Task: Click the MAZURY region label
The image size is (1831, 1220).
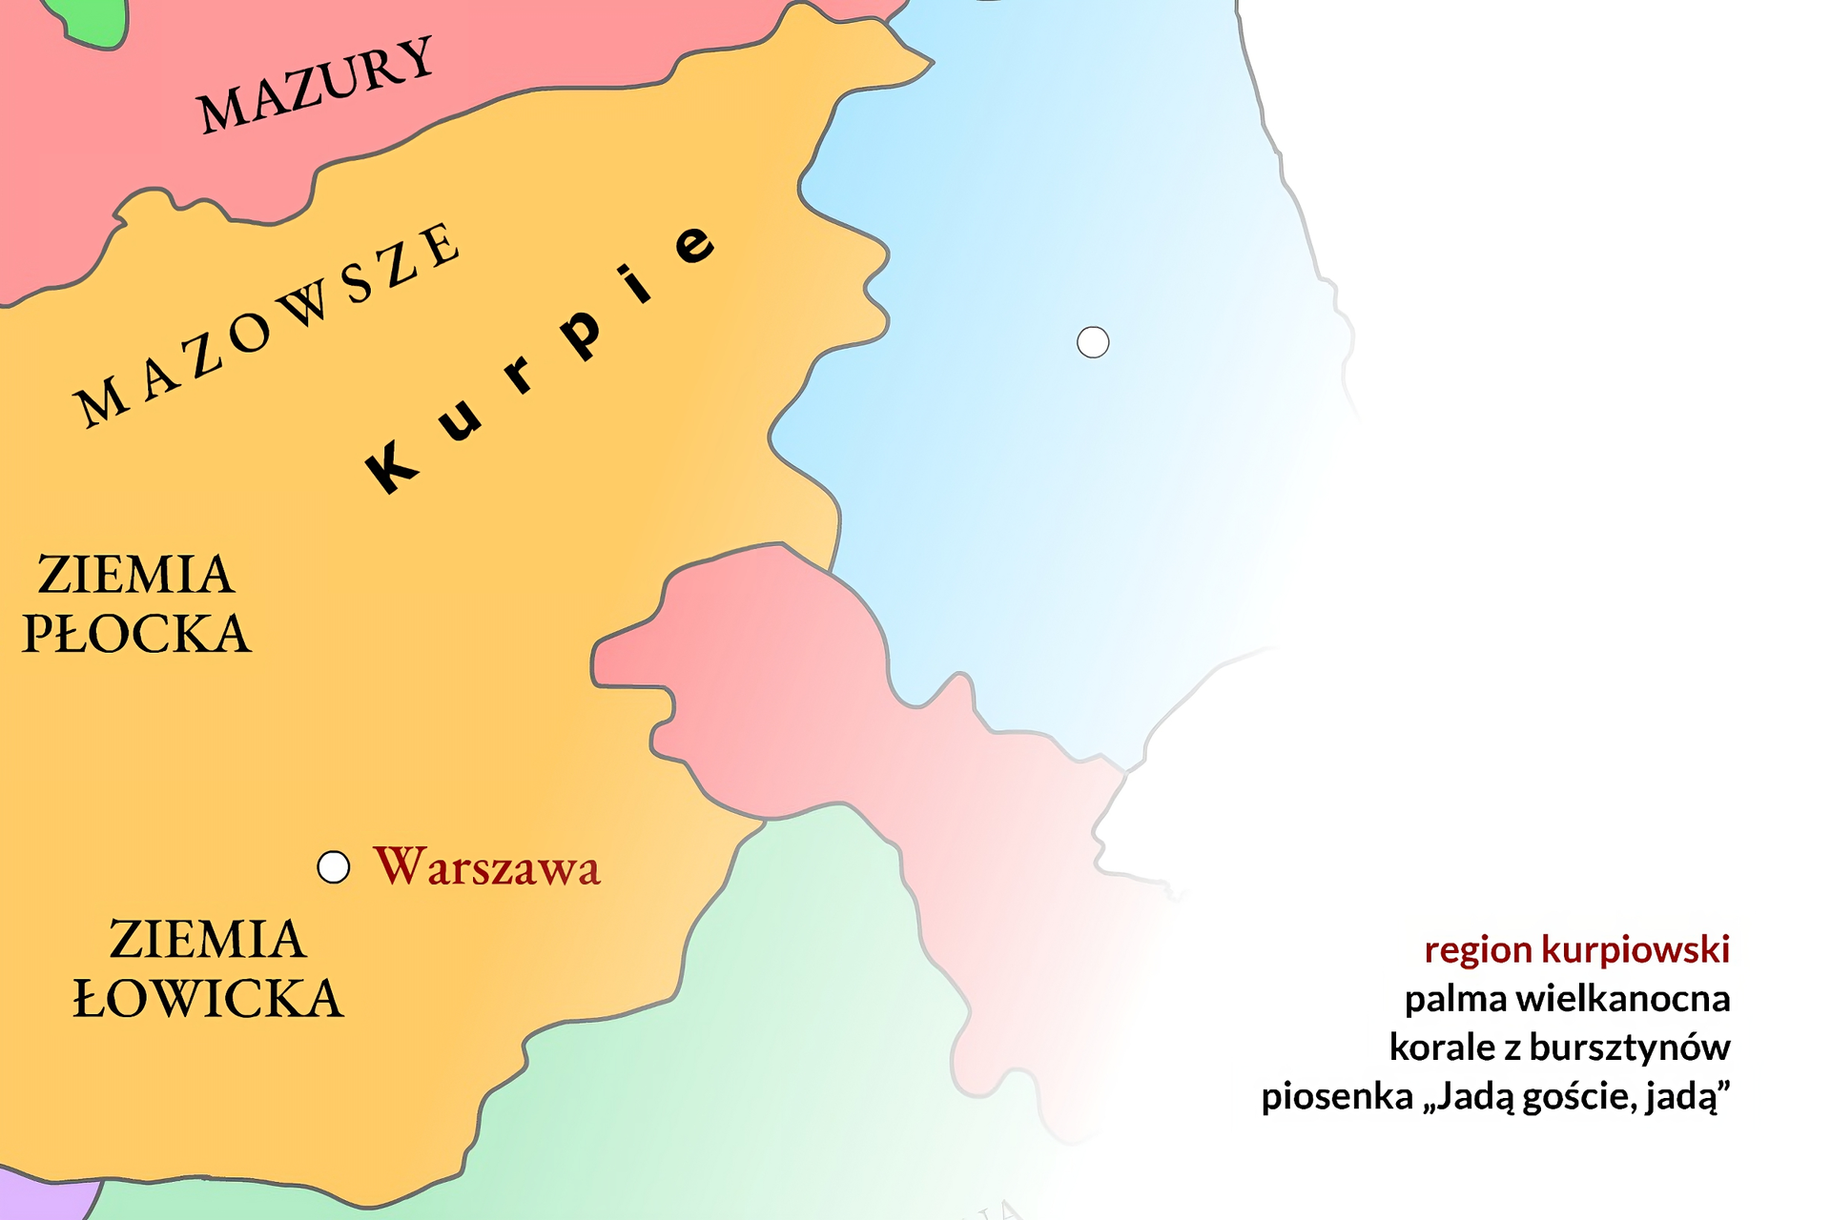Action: [x=316, y=86]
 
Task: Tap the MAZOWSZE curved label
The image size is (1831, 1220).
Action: [x=268, y=324]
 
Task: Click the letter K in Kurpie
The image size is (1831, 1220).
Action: [x=392, y=467]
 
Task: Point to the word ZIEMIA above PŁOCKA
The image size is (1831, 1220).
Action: [x=135, y=575]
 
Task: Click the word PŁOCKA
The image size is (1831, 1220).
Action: [x=136, y=634]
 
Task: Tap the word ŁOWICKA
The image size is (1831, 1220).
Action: [x=208, y=999]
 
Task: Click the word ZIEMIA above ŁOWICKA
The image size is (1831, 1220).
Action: [x=207, y=940]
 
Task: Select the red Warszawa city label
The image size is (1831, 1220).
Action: [x=486, y=867]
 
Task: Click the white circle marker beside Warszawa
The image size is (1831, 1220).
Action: [x=333, y=867]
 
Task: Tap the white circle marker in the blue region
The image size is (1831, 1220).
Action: [x=1093, y=342]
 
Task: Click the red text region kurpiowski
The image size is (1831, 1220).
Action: [x=1576, y=949]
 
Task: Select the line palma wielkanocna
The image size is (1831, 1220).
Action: [x=1567, y=999]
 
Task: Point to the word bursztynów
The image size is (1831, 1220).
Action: [x=1629, y=1047]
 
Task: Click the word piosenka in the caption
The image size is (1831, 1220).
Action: [x=1336, y=1097]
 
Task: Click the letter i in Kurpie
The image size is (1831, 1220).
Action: [x=635, y=283]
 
